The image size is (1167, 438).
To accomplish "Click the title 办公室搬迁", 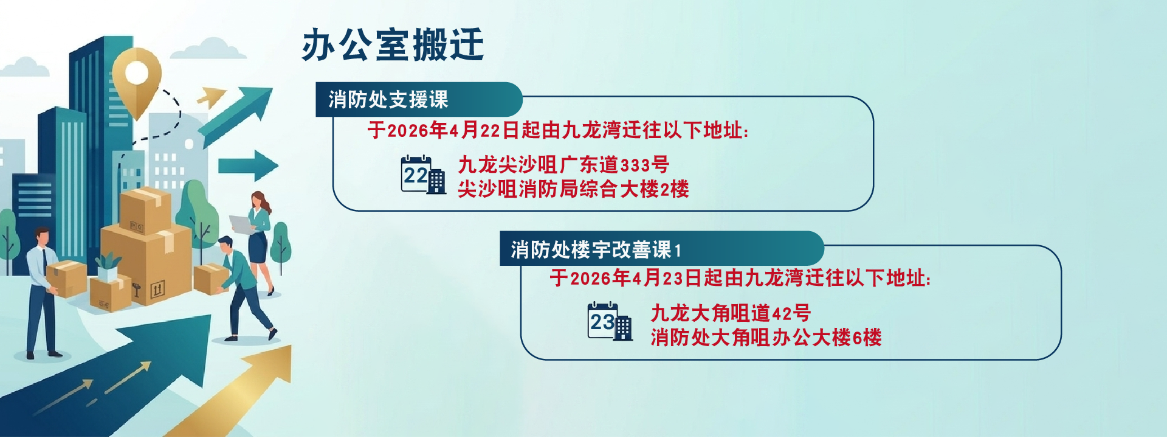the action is (393, 44).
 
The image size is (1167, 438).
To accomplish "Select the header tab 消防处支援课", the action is (419, 99).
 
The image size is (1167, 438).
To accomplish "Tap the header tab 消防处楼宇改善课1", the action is (661, 249).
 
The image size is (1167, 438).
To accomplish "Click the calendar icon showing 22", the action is (423, 175).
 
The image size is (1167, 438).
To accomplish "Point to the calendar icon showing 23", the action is (610, 322).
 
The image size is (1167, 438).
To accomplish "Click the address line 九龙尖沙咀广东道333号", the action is (563, 164).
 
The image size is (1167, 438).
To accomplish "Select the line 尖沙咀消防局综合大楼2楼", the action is (573, 189).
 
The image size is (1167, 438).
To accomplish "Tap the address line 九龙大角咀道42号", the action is (731, 313).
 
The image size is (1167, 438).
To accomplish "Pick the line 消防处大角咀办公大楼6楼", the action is (766, 338).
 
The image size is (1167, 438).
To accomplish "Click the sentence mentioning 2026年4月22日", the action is (558, 130).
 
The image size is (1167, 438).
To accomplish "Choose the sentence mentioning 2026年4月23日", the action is (740, 279).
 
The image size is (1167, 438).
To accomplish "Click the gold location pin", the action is (137, 80).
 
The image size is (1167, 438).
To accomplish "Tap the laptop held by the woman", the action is (243, 225).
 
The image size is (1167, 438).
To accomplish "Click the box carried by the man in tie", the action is (66, 279).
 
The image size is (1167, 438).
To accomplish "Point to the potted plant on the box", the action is (108, 266).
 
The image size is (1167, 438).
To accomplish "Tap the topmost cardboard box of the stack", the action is (145, 209).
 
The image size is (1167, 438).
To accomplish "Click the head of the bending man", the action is (225, 245).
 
